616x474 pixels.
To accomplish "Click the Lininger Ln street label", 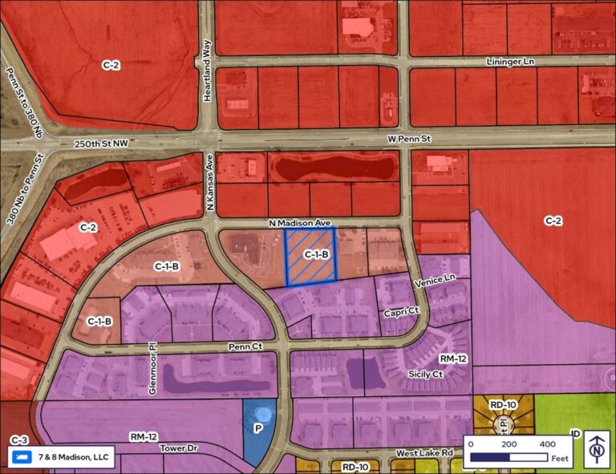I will (x=510, y=62).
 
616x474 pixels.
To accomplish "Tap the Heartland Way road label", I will (x=207, y=57).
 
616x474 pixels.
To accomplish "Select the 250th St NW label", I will (x=99, y=143).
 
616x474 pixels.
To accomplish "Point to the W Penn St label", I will (x=409, y=140).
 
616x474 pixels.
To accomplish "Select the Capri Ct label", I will (x=403, y=310).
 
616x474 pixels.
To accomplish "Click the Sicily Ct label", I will (x=427, y=375).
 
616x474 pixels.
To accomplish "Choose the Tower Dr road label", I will (x=177, y=448).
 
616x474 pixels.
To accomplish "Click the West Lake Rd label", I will (x=424, y=454).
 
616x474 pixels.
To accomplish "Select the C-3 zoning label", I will (x=19, y=440).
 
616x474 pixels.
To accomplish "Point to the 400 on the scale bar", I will (x=547, y=444).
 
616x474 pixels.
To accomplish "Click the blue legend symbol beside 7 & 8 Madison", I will (x=22, y=458).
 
